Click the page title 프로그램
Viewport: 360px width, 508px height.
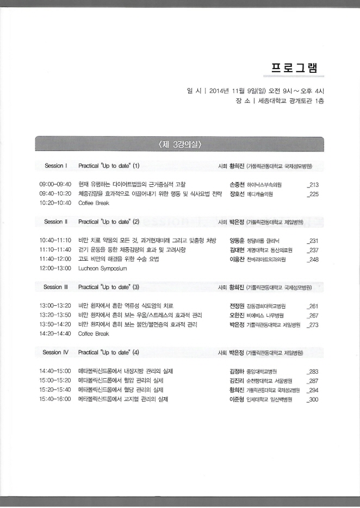click(x=297, y=68)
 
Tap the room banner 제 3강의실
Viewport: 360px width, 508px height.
click(x=179, y=144)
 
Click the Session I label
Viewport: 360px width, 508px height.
click(x=55, y=165)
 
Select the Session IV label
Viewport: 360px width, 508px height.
click(x=55, y=352)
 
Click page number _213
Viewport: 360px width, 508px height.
click(x=313, y=185)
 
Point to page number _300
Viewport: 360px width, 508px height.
click(x=313, y=399)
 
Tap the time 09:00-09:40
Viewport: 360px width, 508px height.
click(x=55, y=185)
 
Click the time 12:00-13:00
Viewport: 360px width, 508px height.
click(x=55, y=268)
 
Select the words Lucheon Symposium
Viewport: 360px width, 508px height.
click(x=101, y=268)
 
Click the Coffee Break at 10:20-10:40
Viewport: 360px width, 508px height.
click(x=94, y=203)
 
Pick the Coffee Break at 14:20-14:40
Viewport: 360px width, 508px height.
click(x=94, y=334)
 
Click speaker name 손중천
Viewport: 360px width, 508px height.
click(x=238, y=185)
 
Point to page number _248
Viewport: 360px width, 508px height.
click(x=313, y=259)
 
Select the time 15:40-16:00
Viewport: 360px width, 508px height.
click(x=55, y=399)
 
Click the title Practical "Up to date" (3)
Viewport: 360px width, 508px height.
click(x=109, y=286)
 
